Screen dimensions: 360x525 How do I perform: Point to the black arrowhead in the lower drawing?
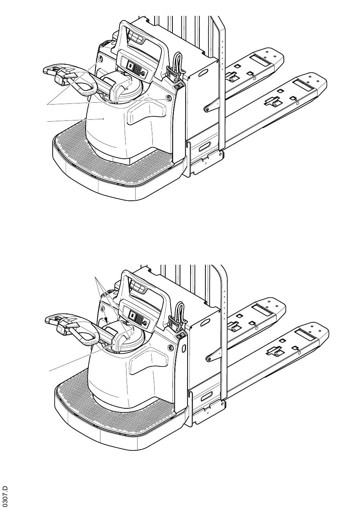click(106, 319)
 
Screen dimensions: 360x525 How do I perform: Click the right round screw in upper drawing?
click(168, 98)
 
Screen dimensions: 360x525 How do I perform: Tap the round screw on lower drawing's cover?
click(171, 347)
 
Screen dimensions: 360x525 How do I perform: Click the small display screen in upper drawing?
click(129, 66)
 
